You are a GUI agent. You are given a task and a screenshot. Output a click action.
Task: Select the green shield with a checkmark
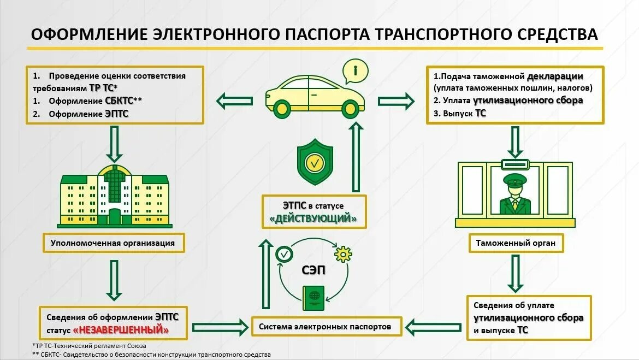[315, 161]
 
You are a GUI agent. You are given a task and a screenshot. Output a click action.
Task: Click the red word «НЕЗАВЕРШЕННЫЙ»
[121, 330]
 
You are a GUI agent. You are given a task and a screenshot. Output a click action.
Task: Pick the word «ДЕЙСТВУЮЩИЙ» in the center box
[313, 219]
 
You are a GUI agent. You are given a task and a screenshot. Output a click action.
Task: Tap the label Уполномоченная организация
[113, 243]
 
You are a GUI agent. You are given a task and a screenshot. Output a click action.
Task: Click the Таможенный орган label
[512, 243]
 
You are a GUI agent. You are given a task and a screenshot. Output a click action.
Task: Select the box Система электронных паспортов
[326, 327]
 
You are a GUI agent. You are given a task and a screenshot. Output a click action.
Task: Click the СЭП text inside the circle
[313, 270]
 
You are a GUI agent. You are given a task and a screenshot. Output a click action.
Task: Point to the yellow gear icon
[343, 254]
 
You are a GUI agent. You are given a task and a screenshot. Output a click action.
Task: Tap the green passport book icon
[313, 298]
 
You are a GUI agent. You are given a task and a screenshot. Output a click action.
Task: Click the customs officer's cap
[514, 179]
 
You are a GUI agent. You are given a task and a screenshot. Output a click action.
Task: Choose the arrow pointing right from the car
[396, 100]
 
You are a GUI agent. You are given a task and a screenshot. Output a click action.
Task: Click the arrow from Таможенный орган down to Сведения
[514, 273]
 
